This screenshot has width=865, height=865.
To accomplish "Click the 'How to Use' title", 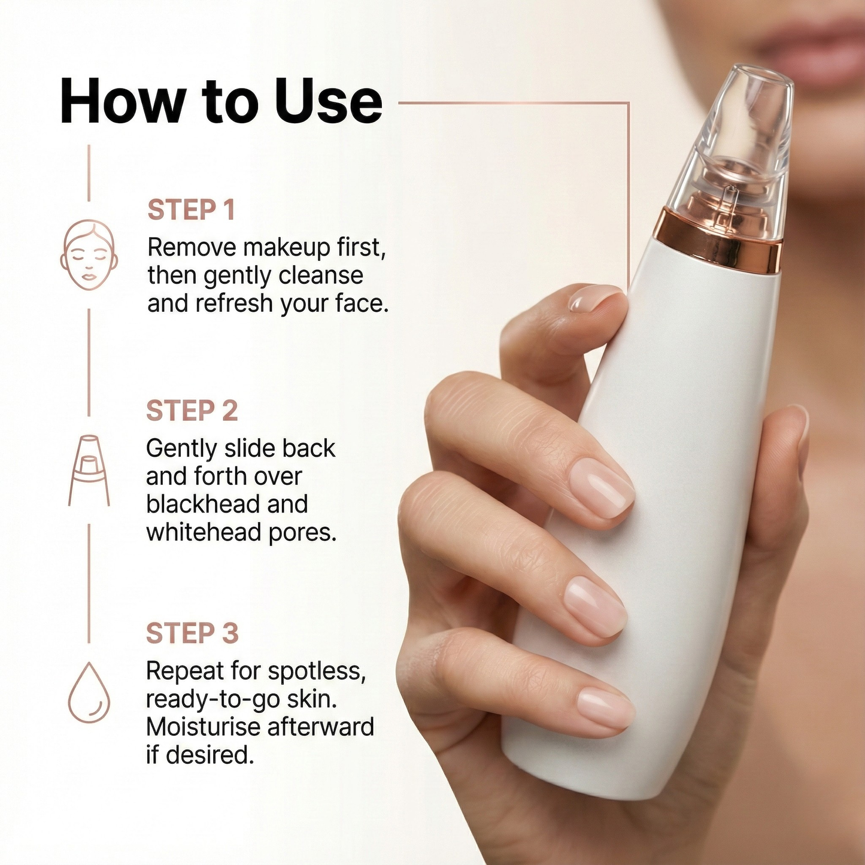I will pyautogui.click(x=221, y=101).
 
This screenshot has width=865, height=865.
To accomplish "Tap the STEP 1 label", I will pyautogui.click(x=191, y=210).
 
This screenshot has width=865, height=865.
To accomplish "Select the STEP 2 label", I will pyautogui.click(x=192, y=411).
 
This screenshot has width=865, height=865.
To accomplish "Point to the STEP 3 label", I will pyautogui.click(x=192, y=633).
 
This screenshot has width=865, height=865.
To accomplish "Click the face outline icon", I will pyautogui.click(x=89, y=255).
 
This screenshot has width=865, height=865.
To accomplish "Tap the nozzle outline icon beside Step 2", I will pyautogui.click(x=89, y=470).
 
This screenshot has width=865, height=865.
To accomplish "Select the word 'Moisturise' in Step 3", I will pyautogui.click(x=204, y=727).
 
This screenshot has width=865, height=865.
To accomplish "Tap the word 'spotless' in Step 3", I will pyautogui.click(x=316, y=672).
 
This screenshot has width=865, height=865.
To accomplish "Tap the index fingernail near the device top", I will pyautogui.click(x=594, y=297).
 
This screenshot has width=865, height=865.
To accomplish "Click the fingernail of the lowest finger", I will pyautogui.click(x=605, y=708).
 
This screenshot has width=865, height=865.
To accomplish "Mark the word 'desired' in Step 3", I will pyautogui.click(x=210, y=755).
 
